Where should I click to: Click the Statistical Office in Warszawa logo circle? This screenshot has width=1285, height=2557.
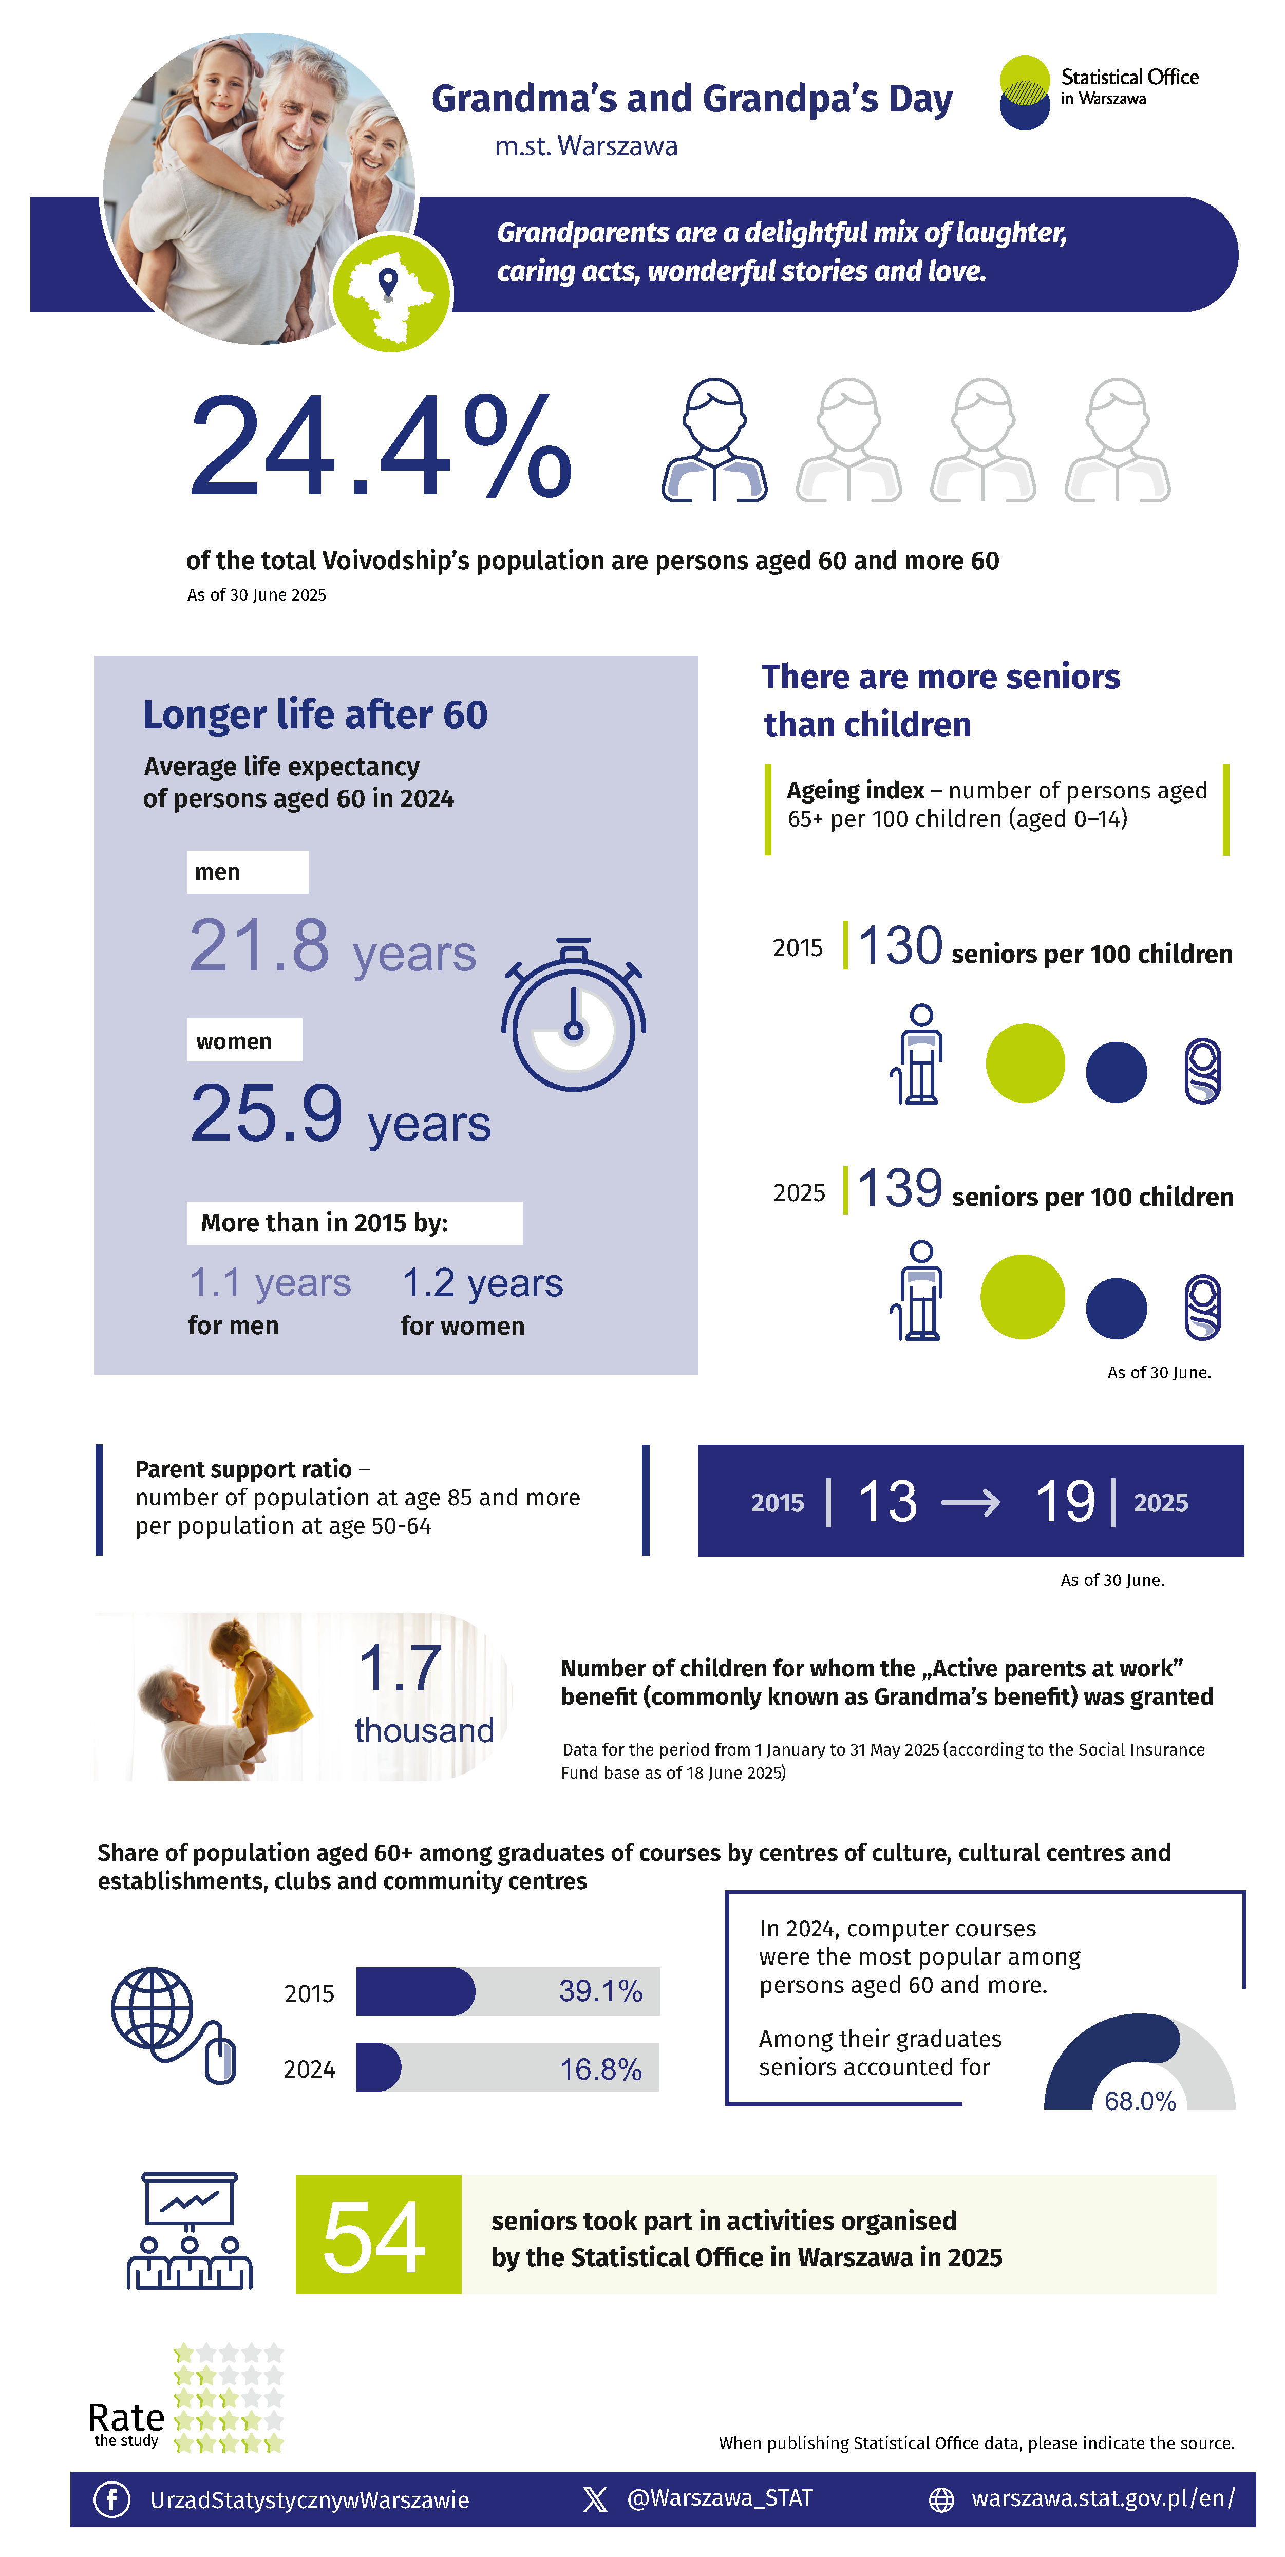(x=1024, y=92)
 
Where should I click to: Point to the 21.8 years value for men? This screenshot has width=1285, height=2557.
(x=331, y=948)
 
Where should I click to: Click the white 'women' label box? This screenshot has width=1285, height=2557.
(x=244, y=1040)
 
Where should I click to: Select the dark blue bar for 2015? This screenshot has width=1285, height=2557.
(x=415, y=1991)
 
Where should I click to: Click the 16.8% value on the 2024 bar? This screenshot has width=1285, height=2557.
(x=600, y=2068)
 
